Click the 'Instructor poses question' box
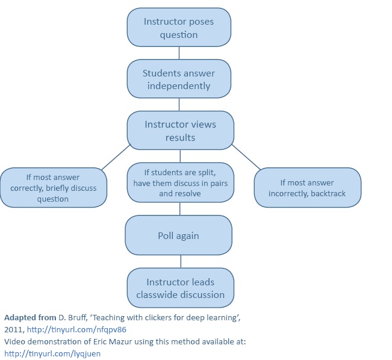coord(179,28)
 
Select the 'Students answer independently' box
coord(179,79)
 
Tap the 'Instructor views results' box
coord(180,131)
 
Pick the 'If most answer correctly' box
coord(53,188)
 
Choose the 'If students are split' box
coord(180,182)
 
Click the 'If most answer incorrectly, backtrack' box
coord(307,188)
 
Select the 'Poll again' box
coord(178,235)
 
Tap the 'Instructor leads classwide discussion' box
coord(180,288)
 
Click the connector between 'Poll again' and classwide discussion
coord(181,261)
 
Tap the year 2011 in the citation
coord(13,329)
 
